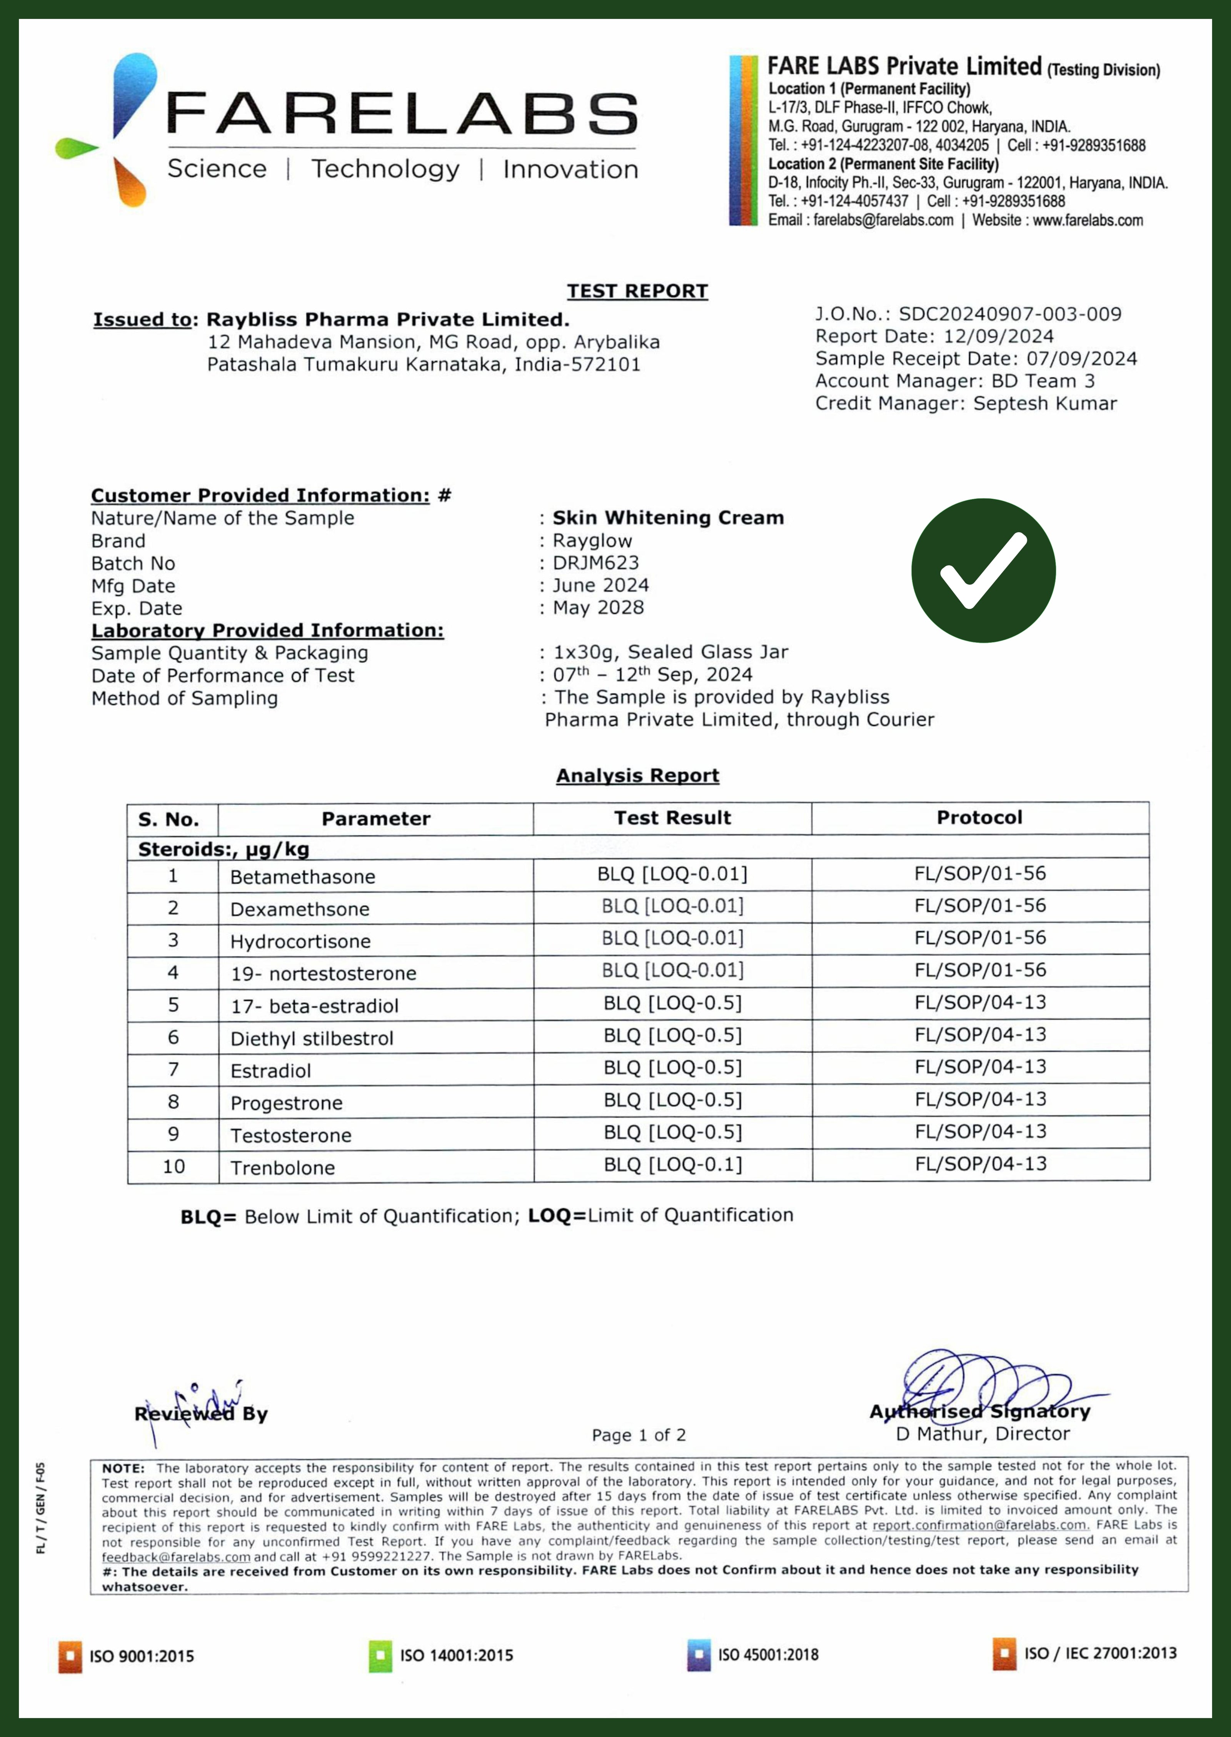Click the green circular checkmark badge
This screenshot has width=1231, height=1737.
[x=983, y=570]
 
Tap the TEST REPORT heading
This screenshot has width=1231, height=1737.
[x=637, y=291]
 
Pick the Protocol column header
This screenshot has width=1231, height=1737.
[x=979, y=818]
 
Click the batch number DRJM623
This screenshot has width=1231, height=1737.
[x=596, y=563]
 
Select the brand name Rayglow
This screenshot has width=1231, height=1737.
[x=592, y=541]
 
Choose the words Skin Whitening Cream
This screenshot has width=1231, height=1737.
[x=668, y=518]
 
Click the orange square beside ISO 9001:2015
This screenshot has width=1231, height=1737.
[x=70, y=1656]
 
